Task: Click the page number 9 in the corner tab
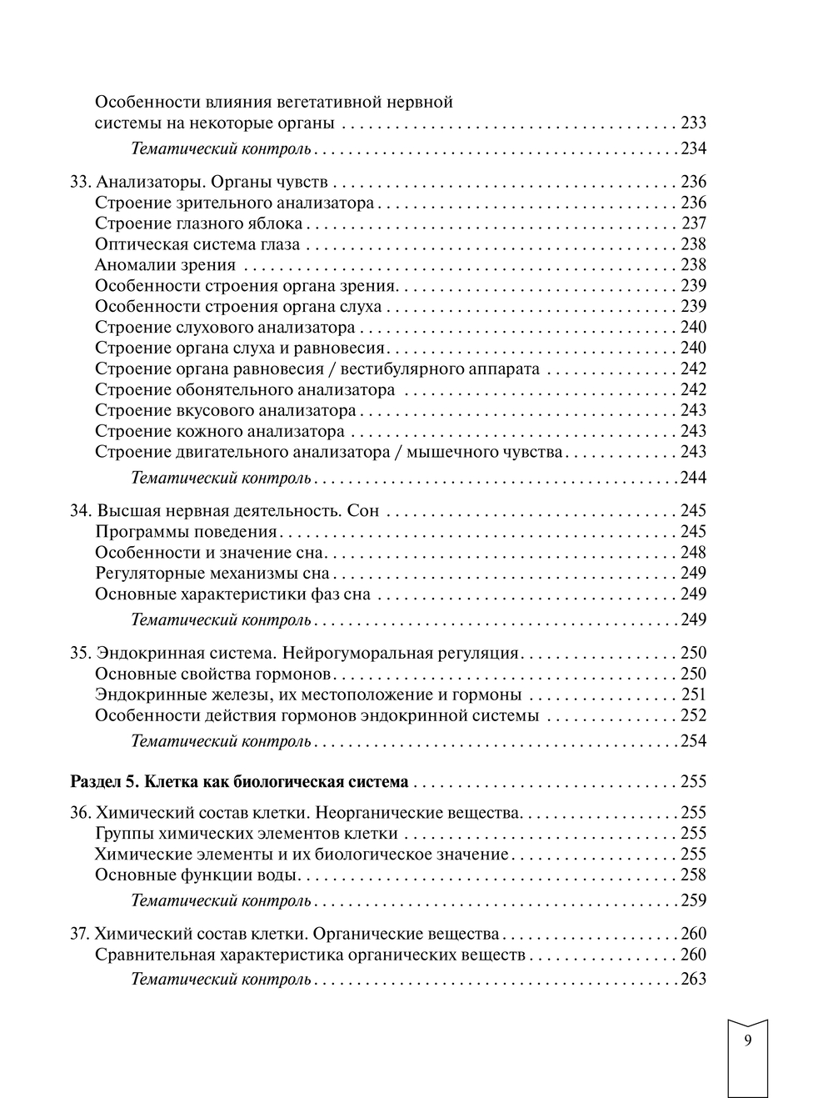click(747, 1040)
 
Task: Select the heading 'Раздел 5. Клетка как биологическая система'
click(239, 782)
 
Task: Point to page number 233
click(693, 123)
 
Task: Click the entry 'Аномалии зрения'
click(165, 265)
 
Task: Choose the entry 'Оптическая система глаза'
click(197, 244)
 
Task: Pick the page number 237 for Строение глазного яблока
click(693, 223)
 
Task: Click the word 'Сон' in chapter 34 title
click(362, 511)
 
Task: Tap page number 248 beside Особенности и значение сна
click(693, 553)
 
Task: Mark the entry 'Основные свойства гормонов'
click(214, 674)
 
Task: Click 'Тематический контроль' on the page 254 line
click(222, 741)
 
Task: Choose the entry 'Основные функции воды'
click(197, 875)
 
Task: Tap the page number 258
click(693, 875)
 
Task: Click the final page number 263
click(693, 980)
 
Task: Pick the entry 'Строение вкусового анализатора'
click(226, 411)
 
